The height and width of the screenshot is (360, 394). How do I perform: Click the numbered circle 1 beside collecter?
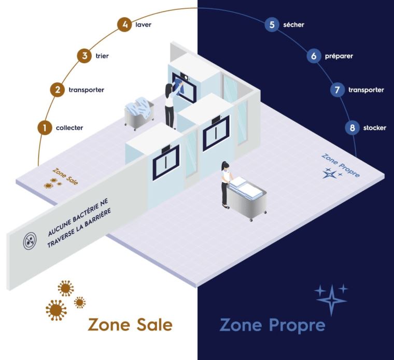pyautogui.click(x=45, y=127)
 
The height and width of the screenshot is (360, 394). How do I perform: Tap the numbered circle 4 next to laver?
pyautogui.click(x=123, y=24)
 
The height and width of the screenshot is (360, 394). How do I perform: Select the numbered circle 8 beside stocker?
pyautogui.click(x=352, y=127)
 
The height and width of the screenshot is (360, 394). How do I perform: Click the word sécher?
pyautogui.click(x=294, y=24)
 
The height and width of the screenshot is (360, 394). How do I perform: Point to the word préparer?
pyautogui.click(x=339, y=56)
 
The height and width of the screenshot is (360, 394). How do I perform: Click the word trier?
pyautogui.click(x=102, y=56)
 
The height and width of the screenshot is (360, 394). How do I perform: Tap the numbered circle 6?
pyautogui.click(x=314, y=56)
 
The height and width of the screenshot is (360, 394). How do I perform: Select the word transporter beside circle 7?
pyautogui.click(x=366, y=90)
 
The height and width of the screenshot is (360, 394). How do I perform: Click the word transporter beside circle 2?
pyautogui.click(x=87, y=90)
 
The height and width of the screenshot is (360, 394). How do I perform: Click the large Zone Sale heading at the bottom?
pyautogui.click(x=130, y=325)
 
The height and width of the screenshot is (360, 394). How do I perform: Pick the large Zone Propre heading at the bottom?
pyautogui.click(x=272, y=325)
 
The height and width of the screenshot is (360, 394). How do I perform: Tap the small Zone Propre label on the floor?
pyautogui.click(x=341, y=165)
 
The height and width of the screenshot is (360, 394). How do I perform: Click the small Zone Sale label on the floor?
pyautogui.click(x=65, y=173)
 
